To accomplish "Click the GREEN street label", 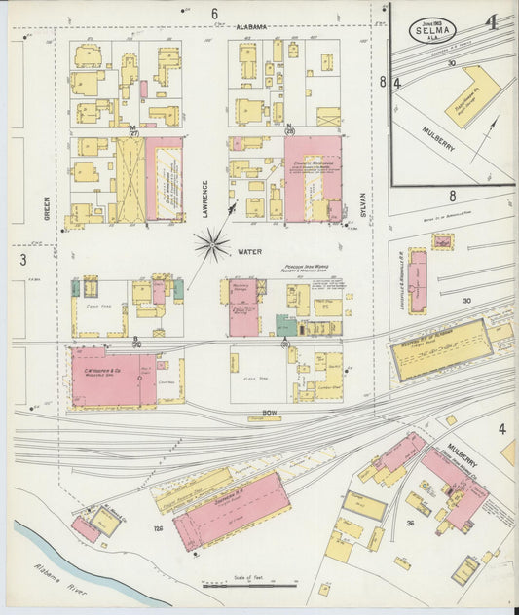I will click(46, 207).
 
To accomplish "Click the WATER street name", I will click(250, 252).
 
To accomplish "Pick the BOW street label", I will click(270, 414).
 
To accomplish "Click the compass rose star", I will click(211, 244).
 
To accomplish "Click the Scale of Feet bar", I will click(237, 585).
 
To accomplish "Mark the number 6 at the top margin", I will click(214, 13).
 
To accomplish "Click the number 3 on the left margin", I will click(22, 260).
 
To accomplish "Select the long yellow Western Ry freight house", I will click(439, 350).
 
